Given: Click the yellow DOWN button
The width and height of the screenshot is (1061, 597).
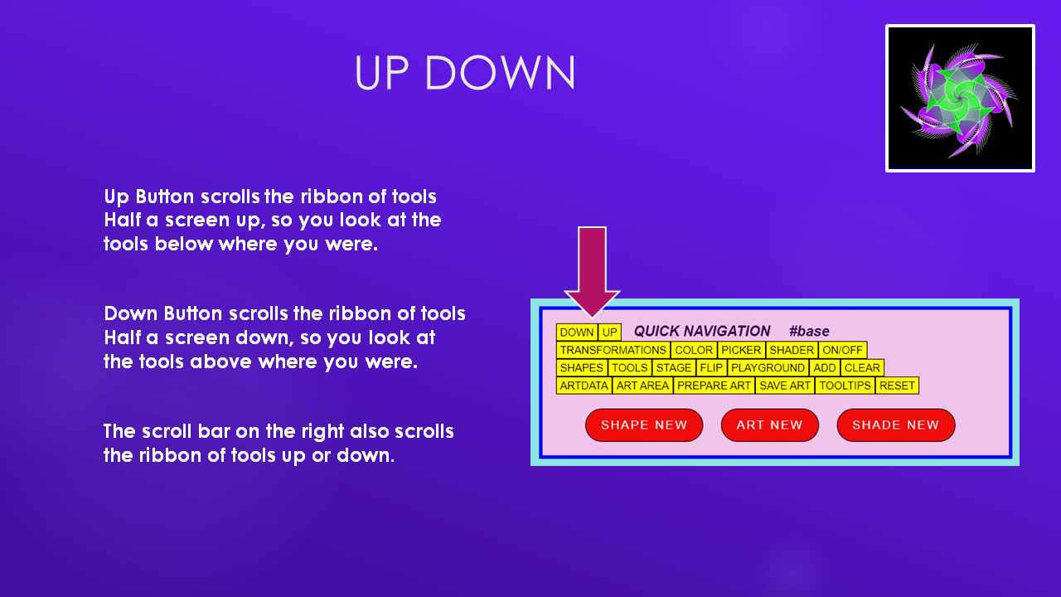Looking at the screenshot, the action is coord(577,332).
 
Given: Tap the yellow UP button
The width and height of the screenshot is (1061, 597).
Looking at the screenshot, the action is coord(609,332).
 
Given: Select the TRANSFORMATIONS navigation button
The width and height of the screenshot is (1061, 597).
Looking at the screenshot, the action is coord(613,350).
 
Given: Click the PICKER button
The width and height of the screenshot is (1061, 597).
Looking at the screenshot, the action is coord(741,350).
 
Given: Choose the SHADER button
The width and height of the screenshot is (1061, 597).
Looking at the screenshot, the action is coord(792,350).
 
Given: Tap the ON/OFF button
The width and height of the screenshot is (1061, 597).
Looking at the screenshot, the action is coord(843,350).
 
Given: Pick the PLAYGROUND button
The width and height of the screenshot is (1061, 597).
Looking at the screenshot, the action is coord(768,367).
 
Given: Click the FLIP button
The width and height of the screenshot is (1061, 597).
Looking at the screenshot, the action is coord(711,367).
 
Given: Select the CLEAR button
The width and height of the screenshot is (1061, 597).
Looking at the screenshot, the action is coord(862,367).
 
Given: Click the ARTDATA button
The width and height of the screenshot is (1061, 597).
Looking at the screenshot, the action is coord(584,386).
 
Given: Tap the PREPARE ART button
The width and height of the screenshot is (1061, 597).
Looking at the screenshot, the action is coord(715,386).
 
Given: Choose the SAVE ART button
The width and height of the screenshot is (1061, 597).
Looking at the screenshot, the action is coord(785,386).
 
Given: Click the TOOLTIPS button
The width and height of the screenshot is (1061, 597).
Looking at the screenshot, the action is coord(845,386).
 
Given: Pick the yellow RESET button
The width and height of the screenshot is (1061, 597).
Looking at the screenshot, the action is coord(897,386).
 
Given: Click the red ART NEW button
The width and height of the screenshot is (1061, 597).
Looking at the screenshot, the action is coord(770,425).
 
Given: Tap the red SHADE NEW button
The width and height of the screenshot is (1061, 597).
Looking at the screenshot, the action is coord(896,425).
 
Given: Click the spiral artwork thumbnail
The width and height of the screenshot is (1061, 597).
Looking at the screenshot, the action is coord(960,98).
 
